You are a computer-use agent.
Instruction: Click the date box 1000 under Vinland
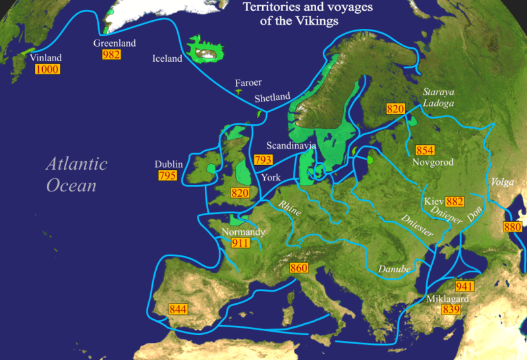point(46,69)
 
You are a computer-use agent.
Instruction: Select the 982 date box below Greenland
point(112,55)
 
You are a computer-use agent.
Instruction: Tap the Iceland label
point(167,59)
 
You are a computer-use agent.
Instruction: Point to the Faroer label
point(248,83)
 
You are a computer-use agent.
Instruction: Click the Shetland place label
point(273,97)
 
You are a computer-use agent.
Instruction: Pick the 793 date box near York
point(263,159)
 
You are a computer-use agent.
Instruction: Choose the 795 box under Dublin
point(168,176)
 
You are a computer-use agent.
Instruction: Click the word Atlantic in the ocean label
point(76,165)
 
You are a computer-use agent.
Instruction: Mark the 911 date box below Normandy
point(241,243)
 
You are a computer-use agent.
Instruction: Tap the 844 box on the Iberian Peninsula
point(178,309)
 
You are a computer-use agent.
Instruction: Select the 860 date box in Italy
point(298,268)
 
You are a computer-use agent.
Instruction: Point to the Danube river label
point(394,269)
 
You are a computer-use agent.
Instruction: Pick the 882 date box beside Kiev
point(455,201)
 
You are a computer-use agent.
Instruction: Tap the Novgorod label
point(432,162)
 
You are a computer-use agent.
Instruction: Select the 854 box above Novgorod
point(426,150)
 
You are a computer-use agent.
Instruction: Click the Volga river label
point(499,182)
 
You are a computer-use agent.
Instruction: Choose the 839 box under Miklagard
point(451,309)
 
